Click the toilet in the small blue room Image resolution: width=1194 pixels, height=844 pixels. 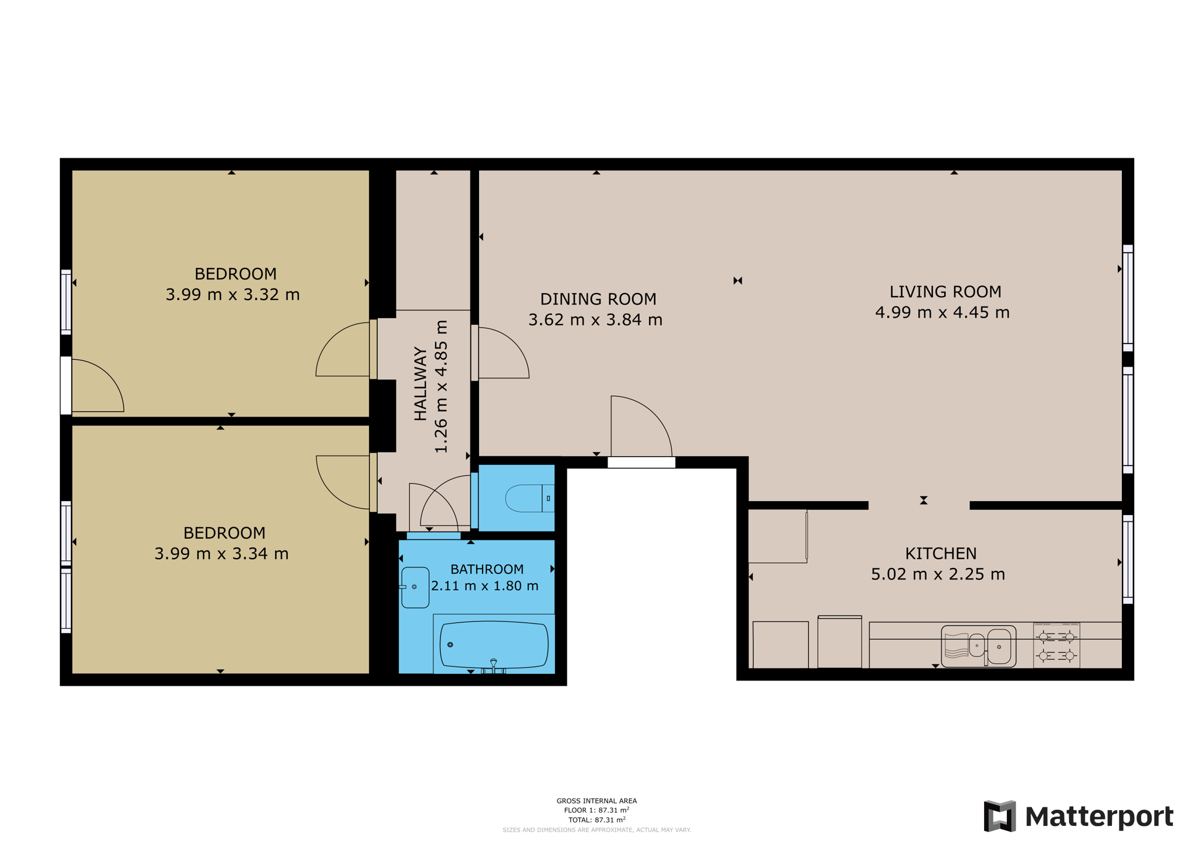(x=528, y=498)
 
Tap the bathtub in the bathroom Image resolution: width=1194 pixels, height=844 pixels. (x=494, y=645)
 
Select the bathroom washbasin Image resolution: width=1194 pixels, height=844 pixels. (x=415, y=587)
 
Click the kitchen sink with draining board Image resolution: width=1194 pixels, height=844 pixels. (x=978, y=646)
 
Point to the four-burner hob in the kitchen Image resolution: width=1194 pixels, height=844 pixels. (x=1056, y=645)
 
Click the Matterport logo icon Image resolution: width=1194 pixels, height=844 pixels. (x=999, y=816)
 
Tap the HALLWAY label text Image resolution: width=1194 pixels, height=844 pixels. (x=420, y=384)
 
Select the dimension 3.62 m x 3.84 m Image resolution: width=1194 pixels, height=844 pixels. (x=595, y=320)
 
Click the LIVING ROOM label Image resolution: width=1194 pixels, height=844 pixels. (x=945, y=291)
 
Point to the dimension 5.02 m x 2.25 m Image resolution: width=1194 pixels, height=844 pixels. (x=938, y=574)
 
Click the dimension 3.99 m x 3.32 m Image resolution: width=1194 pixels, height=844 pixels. (x=232, y=294)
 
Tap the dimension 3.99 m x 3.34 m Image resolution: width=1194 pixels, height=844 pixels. (x=221, y=553)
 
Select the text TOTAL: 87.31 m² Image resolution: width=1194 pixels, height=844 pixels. (x=596, y=820)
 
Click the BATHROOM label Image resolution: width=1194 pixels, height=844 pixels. (x=487, y=569)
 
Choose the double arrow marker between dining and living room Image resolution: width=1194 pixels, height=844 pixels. (x=738, y=281)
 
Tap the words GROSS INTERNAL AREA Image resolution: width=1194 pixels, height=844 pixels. (x=596, y=801)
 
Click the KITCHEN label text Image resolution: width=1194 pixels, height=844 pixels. (x=941, y=553)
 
